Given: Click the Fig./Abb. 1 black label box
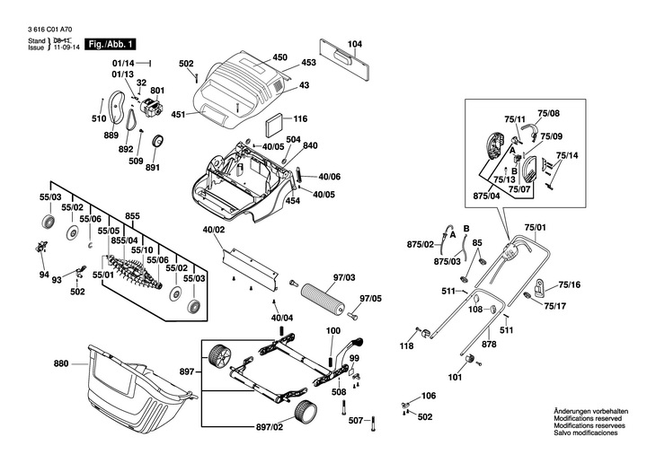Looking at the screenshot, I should tap(110, 44).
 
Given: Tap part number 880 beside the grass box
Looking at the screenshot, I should tap(61, 364).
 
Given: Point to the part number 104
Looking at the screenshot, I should tap(355, 44).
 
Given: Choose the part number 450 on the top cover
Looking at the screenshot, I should tap(279, 57).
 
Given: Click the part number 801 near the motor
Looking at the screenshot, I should tap(157, 91).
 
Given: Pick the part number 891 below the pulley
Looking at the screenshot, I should tap(152, 167).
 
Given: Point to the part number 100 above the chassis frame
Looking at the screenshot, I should tap(333, 331).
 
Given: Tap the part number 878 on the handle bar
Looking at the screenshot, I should tap(489, 344).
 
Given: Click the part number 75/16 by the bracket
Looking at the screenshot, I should tap(569, 285).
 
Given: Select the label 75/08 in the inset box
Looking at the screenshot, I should tap(548, 113).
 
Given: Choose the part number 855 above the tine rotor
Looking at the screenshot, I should tap(133, 216).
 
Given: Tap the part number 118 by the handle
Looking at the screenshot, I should tap(407, 345).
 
